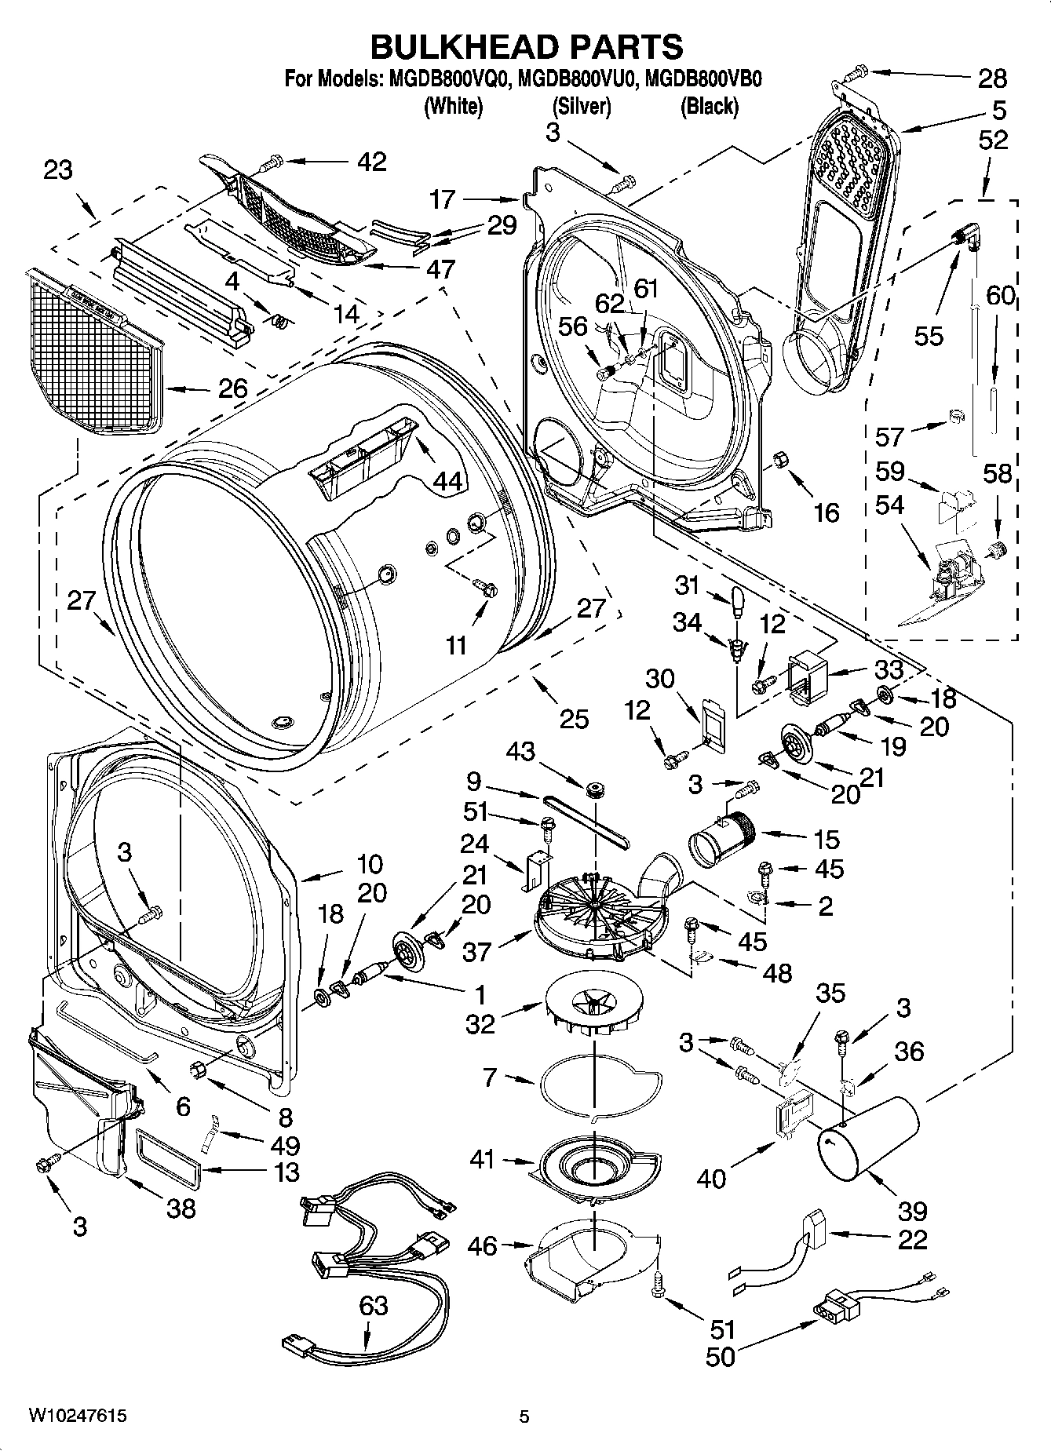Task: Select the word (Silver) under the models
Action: tap(582, 106)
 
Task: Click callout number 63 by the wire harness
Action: tap(374, 1306)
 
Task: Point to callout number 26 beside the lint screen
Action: tap(232, 387)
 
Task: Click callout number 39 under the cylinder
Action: tap(912, 1211)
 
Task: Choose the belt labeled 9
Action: tap(585, 818)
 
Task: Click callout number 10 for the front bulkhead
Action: tap(369, 864)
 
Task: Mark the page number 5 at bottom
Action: tap(524, 1416)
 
